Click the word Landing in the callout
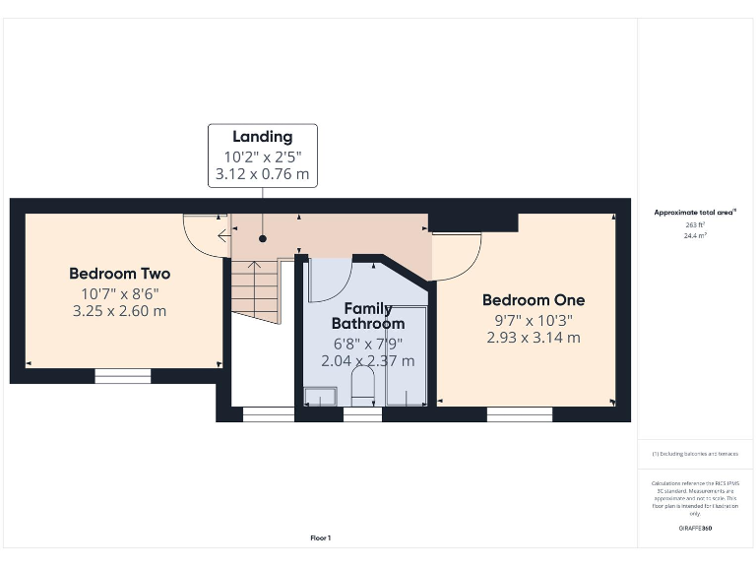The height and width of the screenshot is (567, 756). click(262, 137)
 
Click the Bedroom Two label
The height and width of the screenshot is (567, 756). click(119, 274)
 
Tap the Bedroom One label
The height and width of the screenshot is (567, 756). click(533, 300)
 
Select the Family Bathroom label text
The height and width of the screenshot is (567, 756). click(367, 316)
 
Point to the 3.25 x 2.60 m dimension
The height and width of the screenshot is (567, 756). click(119, 311)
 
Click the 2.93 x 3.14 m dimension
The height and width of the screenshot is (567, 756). click(533, 338)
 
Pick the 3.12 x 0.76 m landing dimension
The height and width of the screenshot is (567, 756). click(262, 175)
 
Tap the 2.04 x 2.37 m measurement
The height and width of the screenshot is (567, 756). click(367, 361)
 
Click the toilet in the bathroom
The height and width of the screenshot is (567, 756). click(362, 388)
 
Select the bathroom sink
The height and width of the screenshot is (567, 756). click(319, 396)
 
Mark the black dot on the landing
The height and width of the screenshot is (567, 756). click(263, 238)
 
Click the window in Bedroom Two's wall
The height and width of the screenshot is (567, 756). click(123, 375)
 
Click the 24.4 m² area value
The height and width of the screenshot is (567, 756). click(695, 236)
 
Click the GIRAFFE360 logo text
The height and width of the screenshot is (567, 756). click(695, 529)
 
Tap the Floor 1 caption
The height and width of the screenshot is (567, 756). click(321, 538)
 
